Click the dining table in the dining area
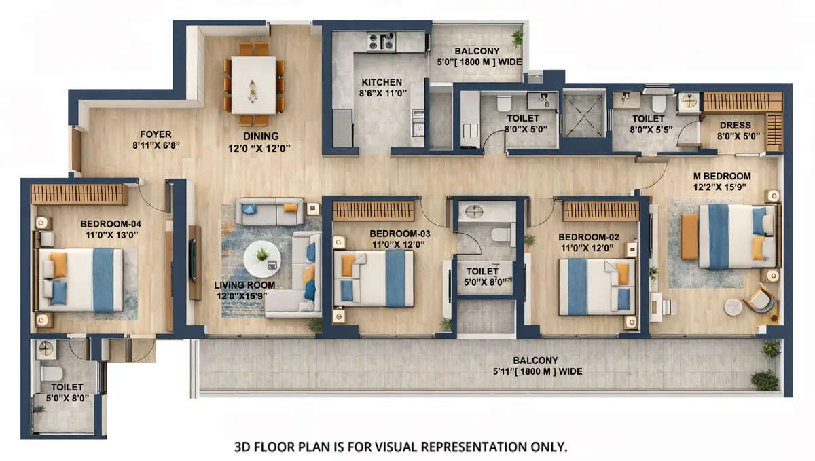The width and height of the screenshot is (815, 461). tap(253, 84)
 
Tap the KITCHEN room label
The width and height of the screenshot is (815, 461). tap(382, 83)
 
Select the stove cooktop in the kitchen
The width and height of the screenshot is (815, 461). tap(381, 41)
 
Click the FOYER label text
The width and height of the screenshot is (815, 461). tap(156, 134)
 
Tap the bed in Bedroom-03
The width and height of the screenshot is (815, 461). tap(373, 278)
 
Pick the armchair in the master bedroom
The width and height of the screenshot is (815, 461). tap(759, 298)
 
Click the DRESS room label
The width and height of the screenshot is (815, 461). tap(735, 125)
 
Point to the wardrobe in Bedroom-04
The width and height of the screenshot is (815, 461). tap(79, 194)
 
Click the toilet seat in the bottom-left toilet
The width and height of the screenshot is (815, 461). tap(50, 373)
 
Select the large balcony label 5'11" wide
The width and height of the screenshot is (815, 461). tap(535, 371)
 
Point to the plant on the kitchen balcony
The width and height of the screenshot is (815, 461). tap(518, 38)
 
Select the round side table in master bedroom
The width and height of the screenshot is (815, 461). tap(733, 307)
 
